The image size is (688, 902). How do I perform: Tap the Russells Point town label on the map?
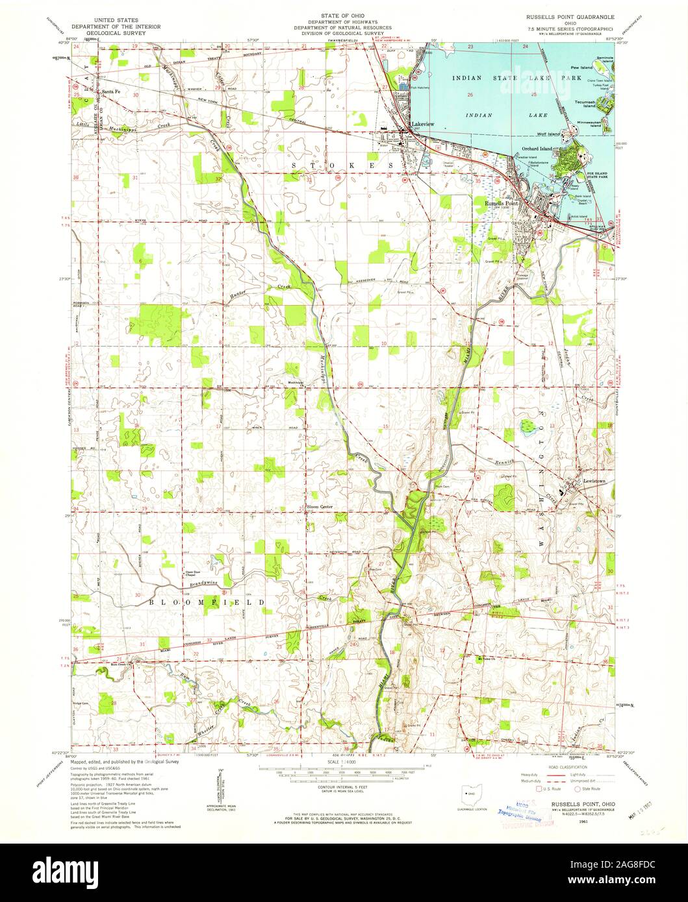pos(500,203)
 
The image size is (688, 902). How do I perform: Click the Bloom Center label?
pos(319,507)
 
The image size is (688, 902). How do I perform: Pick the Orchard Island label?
pos(537,149)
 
